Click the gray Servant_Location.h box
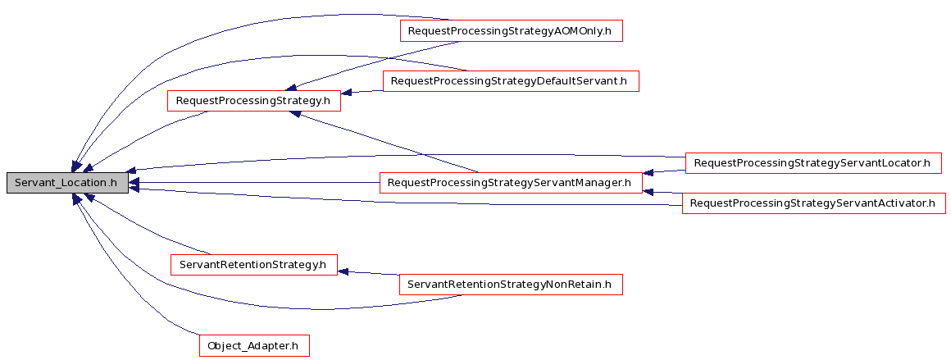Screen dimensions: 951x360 [x=67, y=183]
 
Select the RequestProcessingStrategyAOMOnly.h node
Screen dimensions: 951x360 [x=511, y=31]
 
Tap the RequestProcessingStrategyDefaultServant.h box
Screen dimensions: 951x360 [x=511, y=80]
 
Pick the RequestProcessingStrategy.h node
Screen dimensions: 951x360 [x=253, y=101]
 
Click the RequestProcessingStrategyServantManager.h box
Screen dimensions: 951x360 [x=511, y=183]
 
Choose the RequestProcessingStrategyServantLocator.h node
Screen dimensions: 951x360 [x=812, y=163]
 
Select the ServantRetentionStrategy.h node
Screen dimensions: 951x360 [x=253, y=265]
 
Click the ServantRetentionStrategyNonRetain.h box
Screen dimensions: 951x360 [x=511, y=284]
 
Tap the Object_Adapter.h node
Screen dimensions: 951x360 [x=254, y=345]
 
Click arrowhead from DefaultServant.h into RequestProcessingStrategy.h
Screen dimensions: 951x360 [x=347, y=93]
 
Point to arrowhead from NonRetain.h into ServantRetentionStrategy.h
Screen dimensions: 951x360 [x=344, y=271]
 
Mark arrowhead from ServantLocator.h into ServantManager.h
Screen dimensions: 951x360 [x=648, y=173]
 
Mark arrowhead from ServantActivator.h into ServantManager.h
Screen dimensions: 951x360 [x=648, y=192]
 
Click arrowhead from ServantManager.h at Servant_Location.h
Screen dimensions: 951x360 [x=134, y=183]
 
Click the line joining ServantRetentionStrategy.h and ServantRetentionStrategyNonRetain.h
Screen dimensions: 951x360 [x=368, y=273]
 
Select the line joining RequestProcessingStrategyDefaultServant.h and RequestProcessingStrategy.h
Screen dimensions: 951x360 [x=362, y=92]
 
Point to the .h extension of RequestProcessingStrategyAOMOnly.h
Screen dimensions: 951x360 [x=605, y=31]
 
